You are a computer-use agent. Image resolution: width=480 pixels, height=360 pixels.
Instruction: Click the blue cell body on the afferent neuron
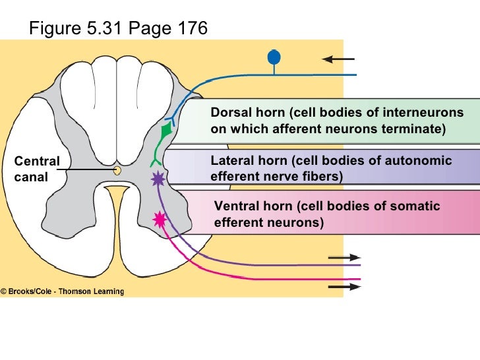tap(274, 57)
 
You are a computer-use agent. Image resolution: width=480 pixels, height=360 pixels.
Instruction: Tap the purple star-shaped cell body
tap(158, 178)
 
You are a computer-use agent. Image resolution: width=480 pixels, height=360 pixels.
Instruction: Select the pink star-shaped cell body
tap(159, 219)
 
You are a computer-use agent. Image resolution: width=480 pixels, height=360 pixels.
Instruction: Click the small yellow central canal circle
tap(117, 170)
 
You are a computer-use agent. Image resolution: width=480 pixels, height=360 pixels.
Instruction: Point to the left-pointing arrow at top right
tap(334, 59)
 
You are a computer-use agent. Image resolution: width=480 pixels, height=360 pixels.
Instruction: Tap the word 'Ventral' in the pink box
tap(235, 206)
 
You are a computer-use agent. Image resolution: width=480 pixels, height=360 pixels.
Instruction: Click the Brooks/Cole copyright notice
tap(62, 291)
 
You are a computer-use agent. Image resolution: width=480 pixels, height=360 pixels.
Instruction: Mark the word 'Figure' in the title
tap(52, 28)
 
